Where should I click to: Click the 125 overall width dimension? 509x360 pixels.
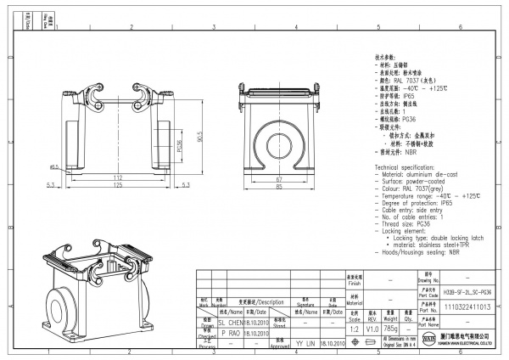(x=118, y=184)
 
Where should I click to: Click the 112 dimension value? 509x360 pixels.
(x=118, y=177)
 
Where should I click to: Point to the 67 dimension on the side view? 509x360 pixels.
(x=279, y=180)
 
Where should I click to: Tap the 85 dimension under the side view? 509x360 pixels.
(x=279, y=188)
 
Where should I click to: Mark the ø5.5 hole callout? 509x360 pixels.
(x=54, y=167)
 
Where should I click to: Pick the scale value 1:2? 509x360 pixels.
(x=352, y=328)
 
